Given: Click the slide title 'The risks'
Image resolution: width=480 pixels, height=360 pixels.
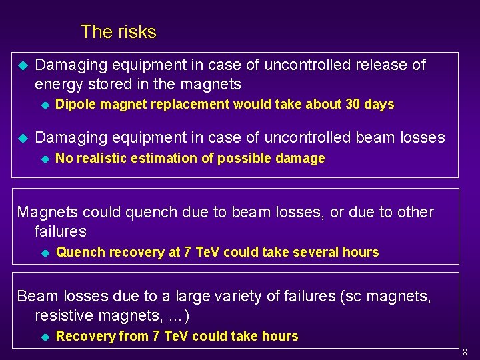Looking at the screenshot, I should [x=118, y=32].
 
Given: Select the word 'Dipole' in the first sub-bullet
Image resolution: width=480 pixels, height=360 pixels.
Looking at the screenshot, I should [x=74, y=104].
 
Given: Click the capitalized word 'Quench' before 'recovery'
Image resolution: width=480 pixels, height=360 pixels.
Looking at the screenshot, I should [x=80, y=252].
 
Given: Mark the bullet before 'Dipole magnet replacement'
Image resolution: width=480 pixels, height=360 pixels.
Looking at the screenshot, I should [x=45, y=105].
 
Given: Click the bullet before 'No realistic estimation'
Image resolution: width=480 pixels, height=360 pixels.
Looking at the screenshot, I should [x=45, y=159].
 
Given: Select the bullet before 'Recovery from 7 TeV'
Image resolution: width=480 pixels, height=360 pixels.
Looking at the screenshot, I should [x=45, y=337].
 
